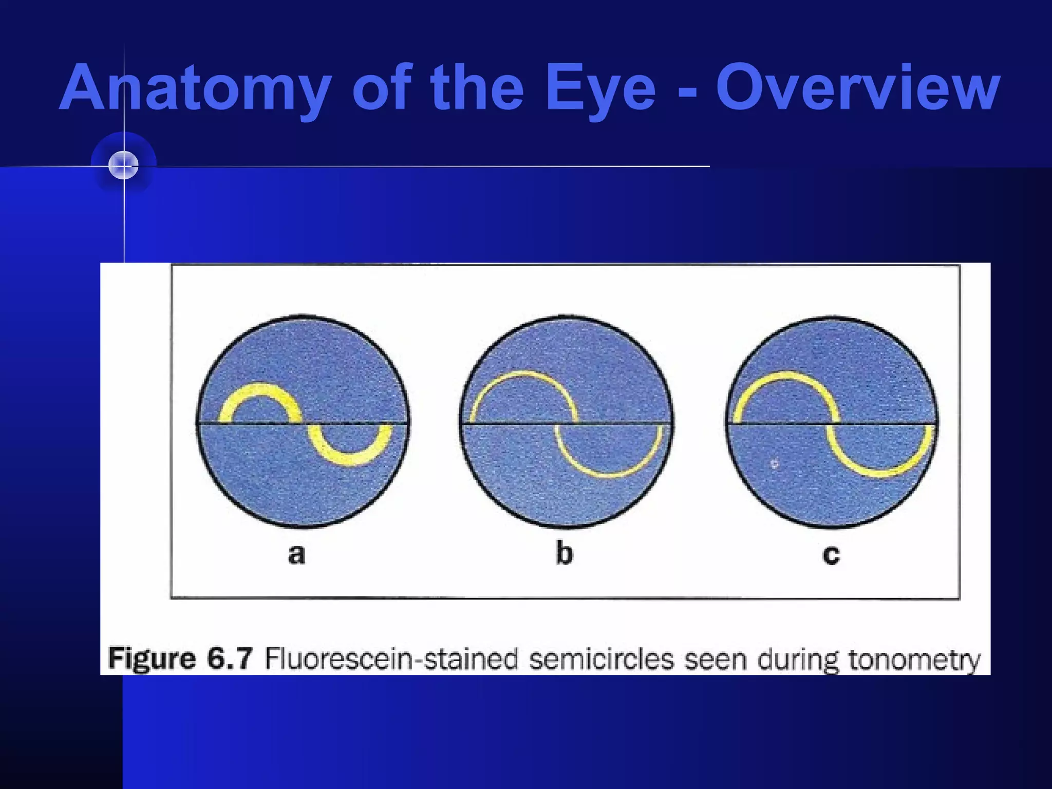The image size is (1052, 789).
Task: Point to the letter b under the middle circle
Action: click(564, 554)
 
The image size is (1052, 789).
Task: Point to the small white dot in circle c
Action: click(775, 464)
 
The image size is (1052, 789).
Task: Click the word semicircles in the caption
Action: click(602, 659)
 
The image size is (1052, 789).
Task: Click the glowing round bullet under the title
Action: click(124, 165)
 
